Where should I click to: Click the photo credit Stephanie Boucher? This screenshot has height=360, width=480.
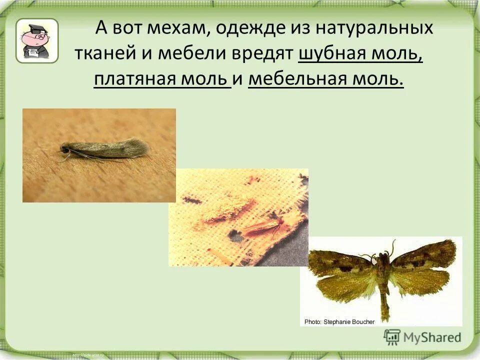point(339,321)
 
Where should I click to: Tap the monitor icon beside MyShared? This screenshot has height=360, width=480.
point(392,337)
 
